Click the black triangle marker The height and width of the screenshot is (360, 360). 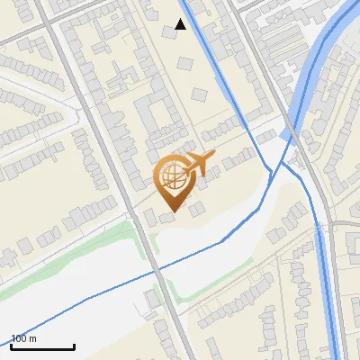tap(181, 24)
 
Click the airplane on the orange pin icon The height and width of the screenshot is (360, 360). tap(199, 163)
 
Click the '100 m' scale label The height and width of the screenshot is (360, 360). tap(24, 338)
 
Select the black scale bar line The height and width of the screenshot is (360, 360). tap(42, 346)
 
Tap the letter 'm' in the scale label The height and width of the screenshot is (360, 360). tap(32, 338)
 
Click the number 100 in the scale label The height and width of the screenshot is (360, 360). tap(19, 338)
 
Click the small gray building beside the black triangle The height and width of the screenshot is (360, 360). tap(168, 32)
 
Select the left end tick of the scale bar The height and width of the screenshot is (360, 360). tap(12, 345)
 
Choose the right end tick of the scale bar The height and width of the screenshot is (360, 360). tap(74, 345)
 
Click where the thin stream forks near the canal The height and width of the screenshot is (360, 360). tap(270, 171)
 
